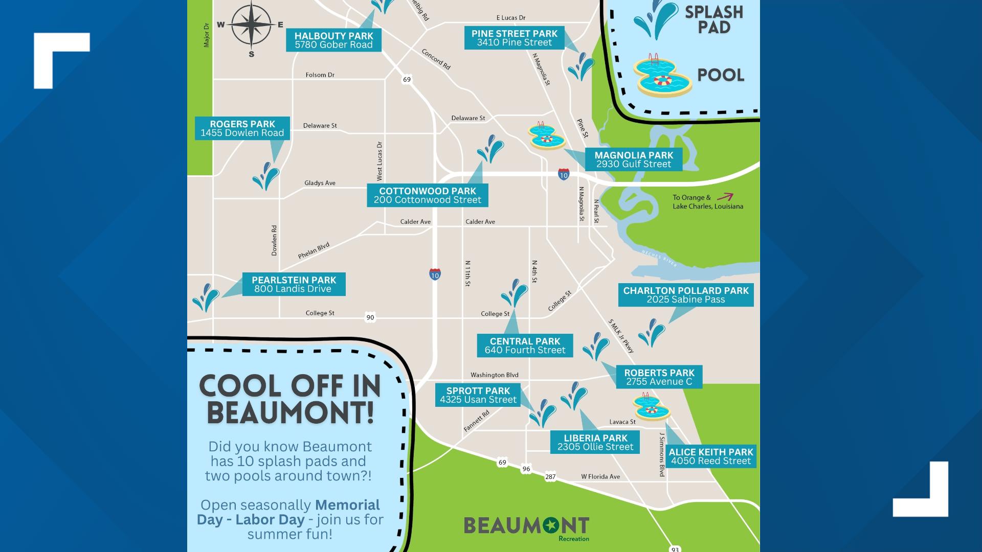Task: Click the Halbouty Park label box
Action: (333, 40)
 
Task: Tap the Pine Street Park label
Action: (514, 38)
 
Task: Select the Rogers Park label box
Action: (242, 128)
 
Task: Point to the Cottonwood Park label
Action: (427, 195)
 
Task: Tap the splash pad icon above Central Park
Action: (514, 293)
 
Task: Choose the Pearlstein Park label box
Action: (294, 284)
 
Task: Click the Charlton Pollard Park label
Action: (685, 295)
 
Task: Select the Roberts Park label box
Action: (659, 377)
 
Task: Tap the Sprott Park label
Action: (478, 395)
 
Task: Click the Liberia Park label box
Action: (595, 442)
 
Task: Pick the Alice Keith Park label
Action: (710, 456)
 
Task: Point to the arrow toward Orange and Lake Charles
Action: (725, 197)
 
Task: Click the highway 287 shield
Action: (550, 476)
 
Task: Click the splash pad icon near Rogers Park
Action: (265, 176)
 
